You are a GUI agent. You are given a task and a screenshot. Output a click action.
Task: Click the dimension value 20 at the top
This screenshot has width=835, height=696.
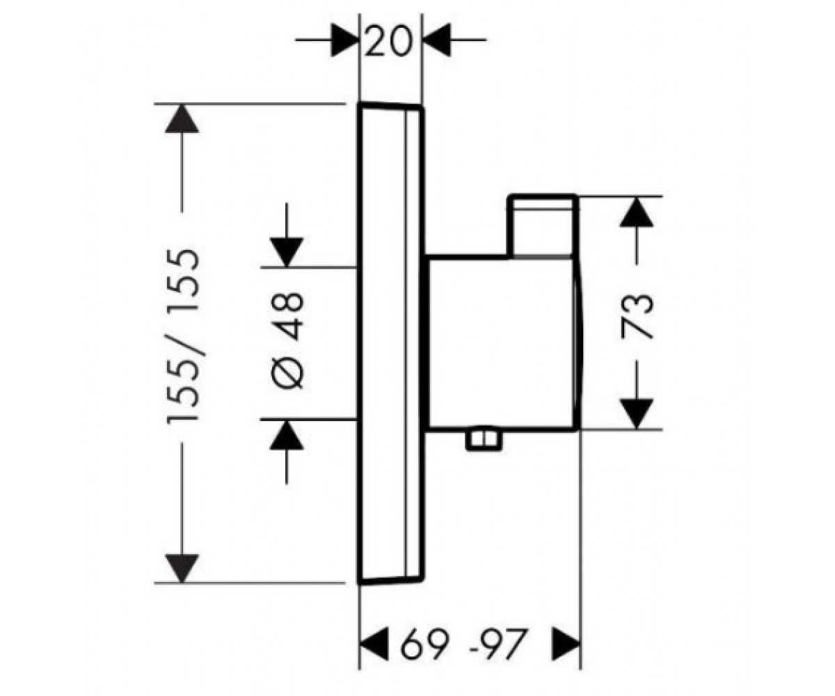[x=387, y=40]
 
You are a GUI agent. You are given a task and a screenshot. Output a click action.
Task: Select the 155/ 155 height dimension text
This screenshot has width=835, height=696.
[x=182, y=336]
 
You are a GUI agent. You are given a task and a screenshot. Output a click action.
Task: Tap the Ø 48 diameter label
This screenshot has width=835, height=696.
[x=287, y=340]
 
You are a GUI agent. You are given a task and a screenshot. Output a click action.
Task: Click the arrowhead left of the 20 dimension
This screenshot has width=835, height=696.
[x=345, y=40]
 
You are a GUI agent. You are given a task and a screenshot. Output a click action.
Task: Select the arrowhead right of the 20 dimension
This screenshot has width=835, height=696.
[x=437, y=40]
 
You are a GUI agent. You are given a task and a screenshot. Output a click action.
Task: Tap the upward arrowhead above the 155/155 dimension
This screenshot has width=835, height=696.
[x=182, y=118]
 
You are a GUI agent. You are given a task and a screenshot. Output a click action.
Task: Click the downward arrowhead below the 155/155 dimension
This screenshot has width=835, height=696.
[x=182, y=569]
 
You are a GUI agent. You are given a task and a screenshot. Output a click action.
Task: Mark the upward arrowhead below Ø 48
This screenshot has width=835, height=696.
[x=286, y=435]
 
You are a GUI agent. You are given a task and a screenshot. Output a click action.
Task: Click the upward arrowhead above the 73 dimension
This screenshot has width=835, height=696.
[x=636, y=212]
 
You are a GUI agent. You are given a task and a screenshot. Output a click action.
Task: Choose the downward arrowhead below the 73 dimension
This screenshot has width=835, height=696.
[x=636, y=413]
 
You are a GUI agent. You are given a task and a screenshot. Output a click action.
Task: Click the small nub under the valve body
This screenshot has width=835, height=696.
[x=484, y=441]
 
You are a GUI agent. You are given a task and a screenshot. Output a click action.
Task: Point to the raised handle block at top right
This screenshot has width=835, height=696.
[x=542, y=226]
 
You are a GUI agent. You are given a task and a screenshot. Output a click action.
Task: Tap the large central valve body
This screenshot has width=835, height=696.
[x=504, y=343]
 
